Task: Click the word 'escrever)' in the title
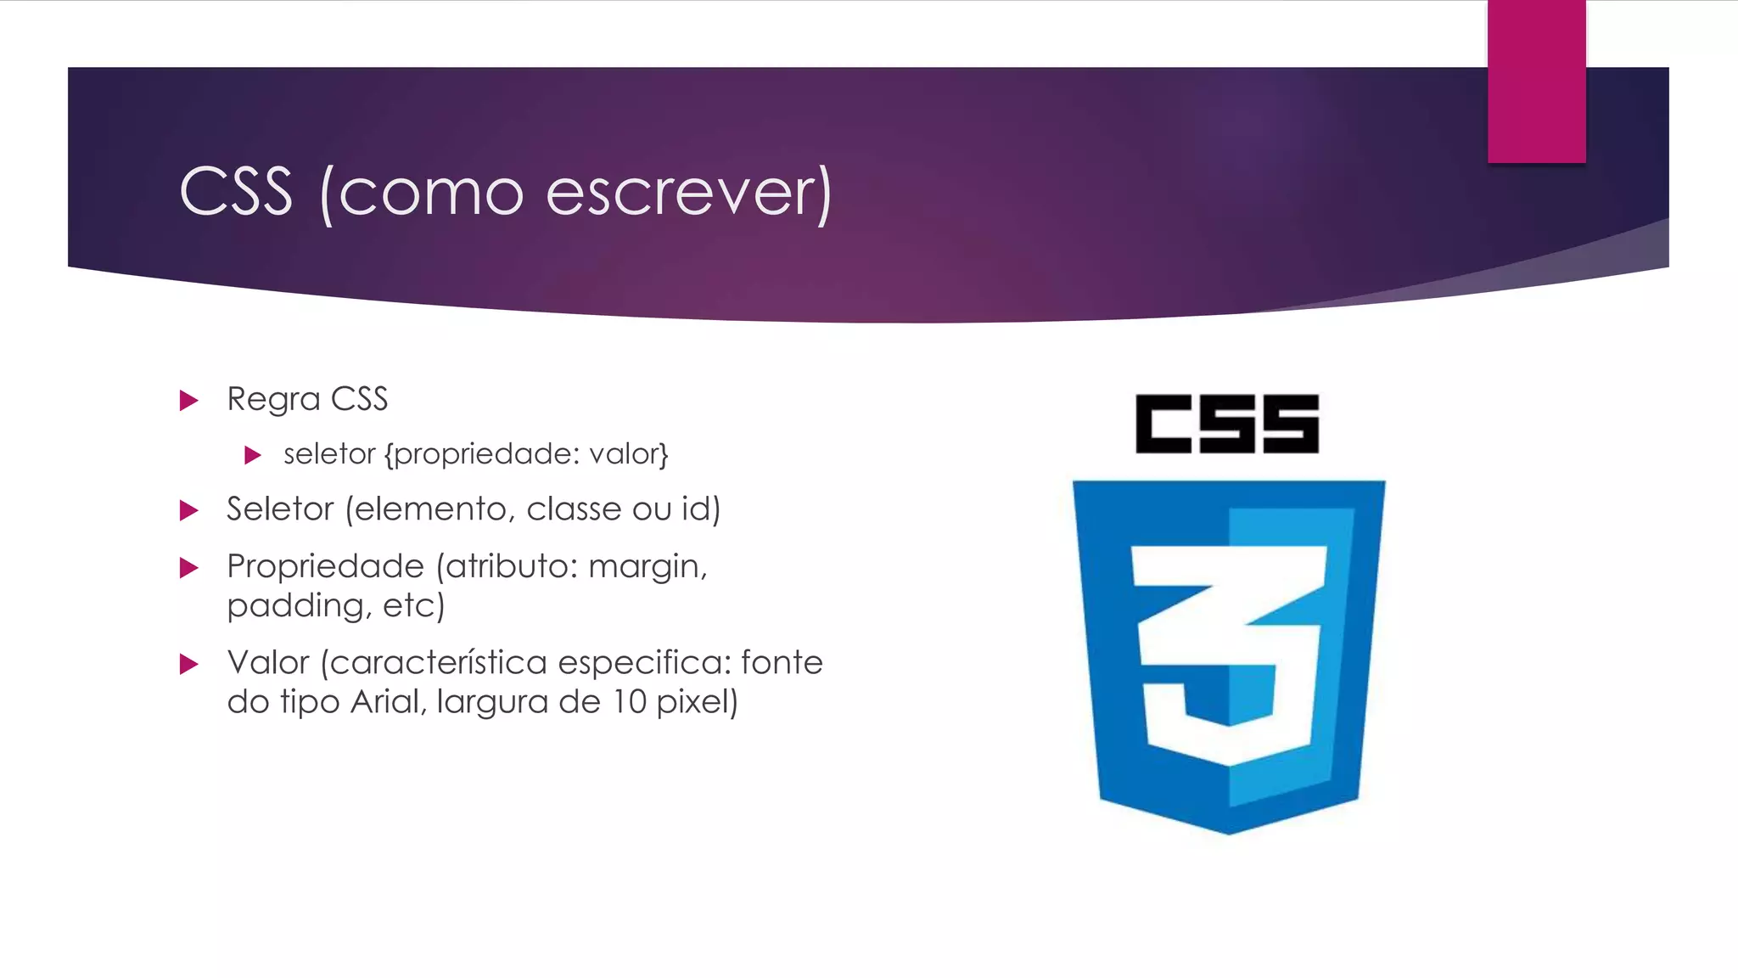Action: point(688,192)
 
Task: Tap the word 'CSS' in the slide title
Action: point(236,192)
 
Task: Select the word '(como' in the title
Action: point(422,194)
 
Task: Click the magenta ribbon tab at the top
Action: point(1536,81)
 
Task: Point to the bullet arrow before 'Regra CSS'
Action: point(188,400)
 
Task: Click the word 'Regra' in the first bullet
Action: point(273,400)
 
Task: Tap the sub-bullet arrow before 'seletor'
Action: point(252,455)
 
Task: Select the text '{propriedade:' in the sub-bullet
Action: point(482,455)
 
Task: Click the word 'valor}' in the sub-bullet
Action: point(629,454)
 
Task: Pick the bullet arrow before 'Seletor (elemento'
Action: point(188,510)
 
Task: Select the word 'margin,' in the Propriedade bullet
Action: point(648,566)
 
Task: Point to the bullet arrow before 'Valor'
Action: point(188,664)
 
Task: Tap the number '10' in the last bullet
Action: point(630,702)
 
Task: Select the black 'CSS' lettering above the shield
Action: point(1227,424)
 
